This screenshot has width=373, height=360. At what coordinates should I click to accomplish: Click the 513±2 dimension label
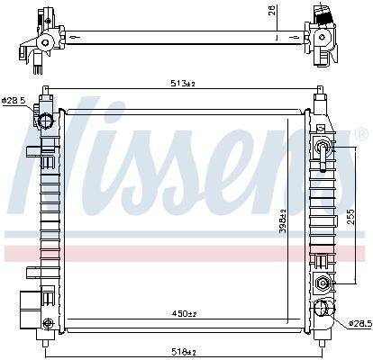[183, 84]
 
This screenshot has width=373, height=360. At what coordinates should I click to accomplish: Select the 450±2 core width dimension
[184, 314]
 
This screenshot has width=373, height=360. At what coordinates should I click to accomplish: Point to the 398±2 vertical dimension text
[283, 220]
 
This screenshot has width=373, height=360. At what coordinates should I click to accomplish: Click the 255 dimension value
[350, 217]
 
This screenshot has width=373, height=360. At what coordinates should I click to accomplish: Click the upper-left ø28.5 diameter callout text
[14, 100]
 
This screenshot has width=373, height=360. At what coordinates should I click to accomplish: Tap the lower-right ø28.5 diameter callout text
[359, 323]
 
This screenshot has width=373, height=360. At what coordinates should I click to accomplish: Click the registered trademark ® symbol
[361, 134]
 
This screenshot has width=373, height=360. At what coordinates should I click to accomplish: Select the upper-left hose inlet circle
[46, 121]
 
